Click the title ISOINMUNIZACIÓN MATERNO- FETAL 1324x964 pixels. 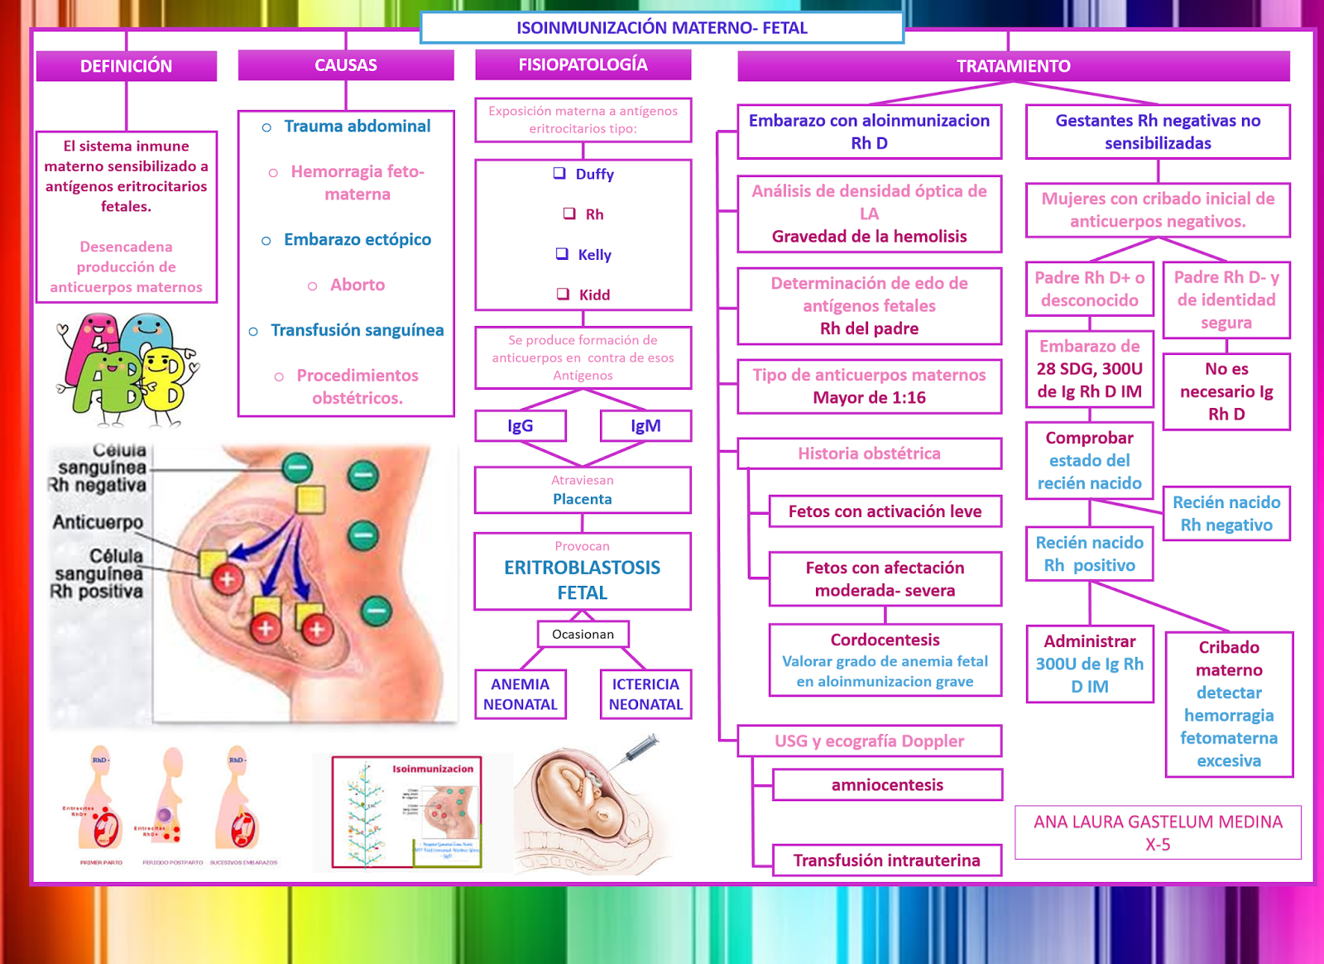click(661, 27)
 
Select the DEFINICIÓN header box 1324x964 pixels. click(126, 66)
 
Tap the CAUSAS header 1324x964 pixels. click(346, 65)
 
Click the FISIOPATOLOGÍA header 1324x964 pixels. click(583, 65)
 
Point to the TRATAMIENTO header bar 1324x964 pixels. click(1013, 66)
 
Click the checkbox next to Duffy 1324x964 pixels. click(560, 173)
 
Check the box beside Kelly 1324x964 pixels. click(562, 253)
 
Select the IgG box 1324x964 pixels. click(520, 425)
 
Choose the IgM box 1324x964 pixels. click(645, 425)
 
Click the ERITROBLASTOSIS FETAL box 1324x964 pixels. click(582, 571)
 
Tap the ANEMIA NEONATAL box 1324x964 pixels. click(520, 694)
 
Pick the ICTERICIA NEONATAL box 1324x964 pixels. click(645, 694)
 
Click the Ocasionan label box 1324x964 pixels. click(583, 634)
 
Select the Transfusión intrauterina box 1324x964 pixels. click(886, 861)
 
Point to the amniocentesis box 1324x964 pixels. click(887, 784)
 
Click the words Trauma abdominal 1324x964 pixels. click(357, 126)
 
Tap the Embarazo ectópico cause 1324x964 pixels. click(357, 239)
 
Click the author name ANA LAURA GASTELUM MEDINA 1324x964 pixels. click(1158, 822)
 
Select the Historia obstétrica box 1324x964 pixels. click(869, 453)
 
